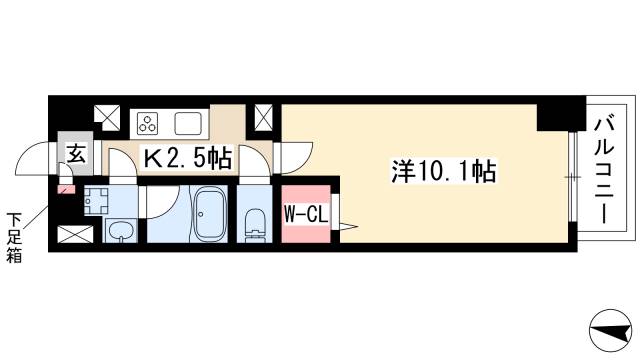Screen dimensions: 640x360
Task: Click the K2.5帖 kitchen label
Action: pyautogui.click(x=187, y=158)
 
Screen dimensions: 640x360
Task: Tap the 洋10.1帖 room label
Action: pyautogui.click(x=444, y=171)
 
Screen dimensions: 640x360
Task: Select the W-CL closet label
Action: pyautogui.click(x=306, y=215)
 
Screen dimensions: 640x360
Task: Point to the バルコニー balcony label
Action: pyautogui.click(x=604, y=170)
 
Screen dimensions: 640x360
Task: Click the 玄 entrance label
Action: pyautogui.click(x=77, y=154)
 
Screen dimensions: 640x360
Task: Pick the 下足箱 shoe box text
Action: pyautogui.click(x=13, y=237)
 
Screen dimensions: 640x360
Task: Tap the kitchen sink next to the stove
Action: pyautogui.click(x=188, y=123)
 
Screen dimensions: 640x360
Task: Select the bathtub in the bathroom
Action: pyautogui.click(x=210, y=214)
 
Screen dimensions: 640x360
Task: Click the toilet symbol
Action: pyautogui.click(x=256, y=225)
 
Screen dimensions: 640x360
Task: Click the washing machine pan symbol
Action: pyautogui.click(x=96, y=202)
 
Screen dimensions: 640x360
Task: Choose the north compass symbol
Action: pyautogui.click(x=611, y=330)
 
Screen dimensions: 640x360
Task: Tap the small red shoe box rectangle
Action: pyautogui.click(x=67, y=189)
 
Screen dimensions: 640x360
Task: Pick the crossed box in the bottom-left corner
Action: pyautogui.click(x=75, y=234)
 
